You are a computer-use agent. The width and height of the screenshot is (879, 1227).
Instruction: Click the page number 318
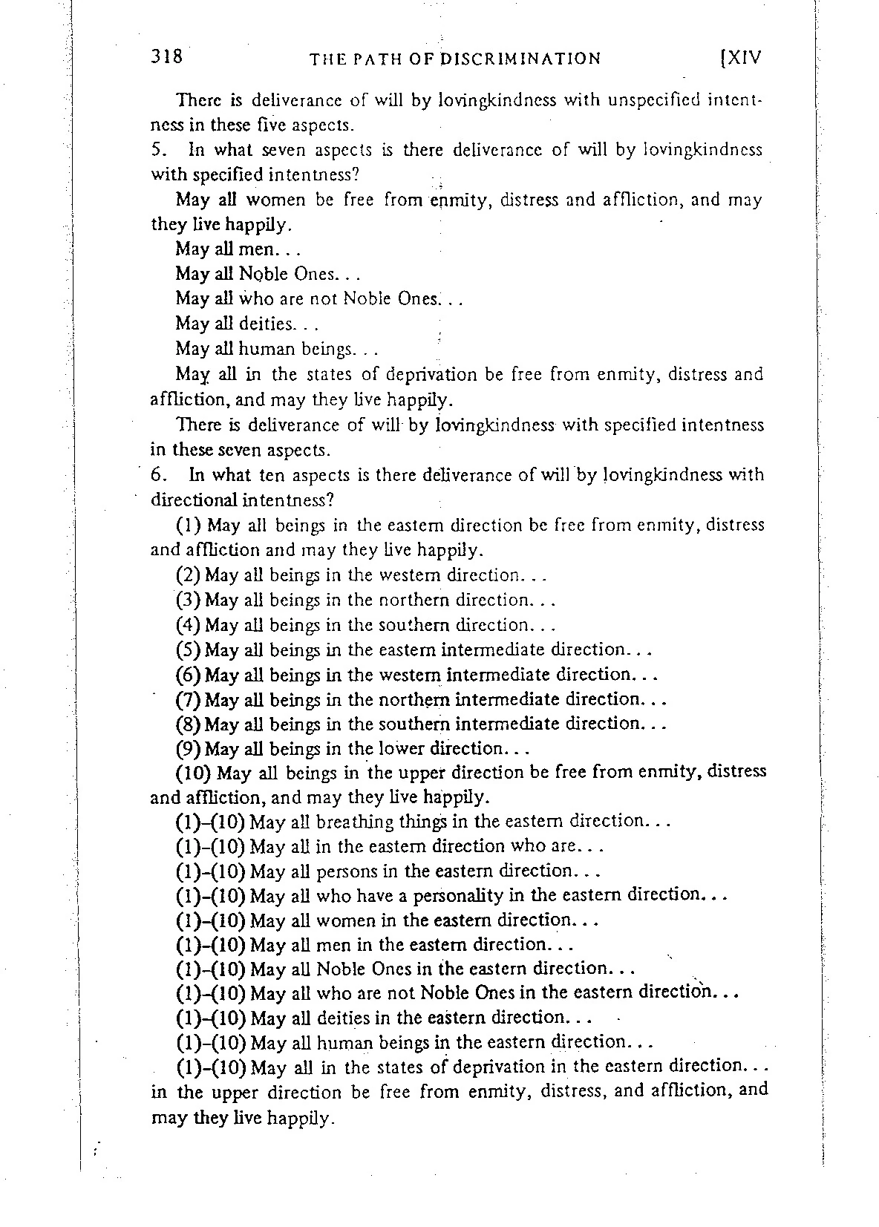point(166,56)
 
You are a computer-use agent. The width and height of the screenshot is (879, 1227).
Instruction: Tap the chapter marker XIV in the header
point(744,58)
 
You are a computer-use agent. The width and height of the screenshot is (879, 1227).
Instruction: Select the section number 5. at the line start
point(157,150)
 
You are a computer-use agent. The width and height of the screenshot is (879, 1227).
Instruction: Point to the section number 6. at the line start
point(157,474)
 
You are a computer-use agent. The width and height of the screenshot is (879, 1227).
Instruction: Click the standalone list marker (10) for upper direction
point(195,773)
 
